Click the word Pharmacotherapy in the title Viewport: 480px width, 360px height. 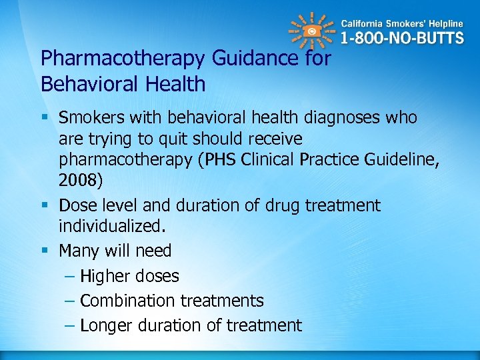pyautogui.click(x=123, y=58)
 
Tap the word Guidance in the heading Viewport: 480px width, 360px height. pyautogui.click(x=256, y=58)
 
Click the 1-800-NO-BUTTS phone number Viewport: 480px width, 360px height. pyautogui.click(x=402, y=38)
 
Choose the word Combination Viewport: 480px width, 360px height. pyautogui.click(x=127, y=301)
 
